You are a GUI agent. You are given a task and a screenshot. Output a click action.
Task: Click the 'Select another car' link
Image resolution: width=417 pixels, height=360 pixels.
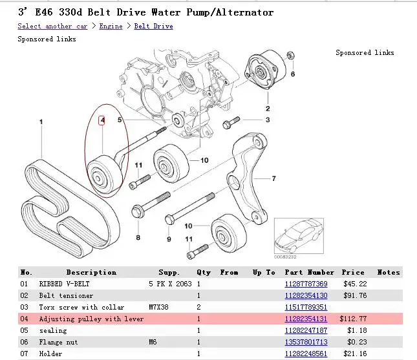coord(52,26)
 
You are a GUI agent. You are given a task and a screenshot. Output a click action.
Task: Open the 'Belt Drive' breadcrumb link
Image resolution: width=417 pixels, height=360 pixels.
coord(153,26)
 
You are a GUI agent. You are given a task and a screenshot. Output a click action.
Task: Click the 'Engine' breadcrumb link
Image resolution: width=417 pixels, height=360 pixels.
coord(111,26)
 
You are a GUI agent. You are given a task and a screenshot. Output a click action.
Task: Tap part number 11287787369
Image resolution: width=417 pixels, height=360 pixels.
coord(306,284)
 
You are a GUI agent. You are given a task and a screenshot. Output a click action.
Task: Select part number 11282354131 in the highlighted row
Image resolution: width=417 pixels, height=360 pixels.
coord(306,319)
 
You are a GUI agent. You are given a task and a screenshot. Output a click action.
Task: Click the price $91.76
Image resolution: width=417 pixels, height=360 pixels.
coord(354,296)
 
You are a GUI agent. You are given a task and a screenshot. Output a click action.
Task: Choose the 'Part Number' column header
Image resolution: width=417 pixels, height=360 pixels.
coord(310,273)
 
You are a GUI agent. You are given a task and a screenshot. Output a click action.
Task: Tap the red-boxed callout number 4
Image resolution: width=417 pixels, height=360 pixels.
coord(102,120)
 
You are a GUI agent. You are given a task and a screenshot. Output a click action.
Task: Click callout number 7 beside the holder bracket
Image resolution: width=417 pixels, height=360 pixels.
coord(273,179)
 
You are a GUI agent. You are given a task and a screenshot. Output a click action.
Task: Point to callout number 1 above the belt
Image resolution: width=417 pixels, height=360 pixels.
coord(41,122)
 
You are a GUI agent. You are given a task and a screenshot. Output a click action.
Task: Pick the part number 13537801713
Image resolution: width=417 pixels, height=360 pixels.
coord(306,342)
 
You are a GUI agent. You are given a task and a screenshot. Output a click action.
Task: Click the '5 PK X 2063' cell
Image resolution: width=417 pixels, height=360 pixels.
coord(170,284)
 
